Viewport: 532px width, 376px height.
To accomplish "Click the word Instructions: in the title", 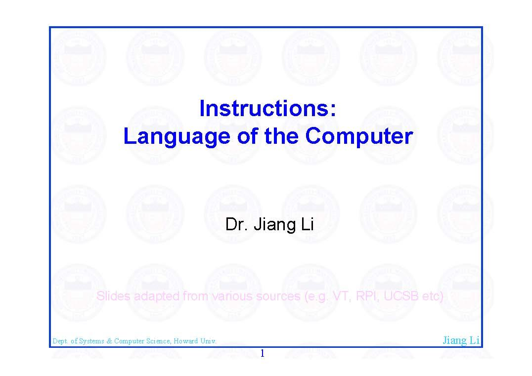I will [x=267, y=109].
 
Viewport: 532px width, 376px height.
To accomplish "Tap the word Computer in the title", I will [x=358, y=136].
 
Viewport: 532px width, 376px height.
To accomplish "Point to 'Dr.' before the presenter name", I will [x=236, y=225].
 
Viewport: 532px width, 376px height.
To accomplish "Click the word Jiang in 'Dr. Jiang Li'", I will [x=271, y=225].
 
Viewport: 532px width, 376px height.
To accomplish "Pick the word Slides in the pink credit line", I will [x=113, y=296].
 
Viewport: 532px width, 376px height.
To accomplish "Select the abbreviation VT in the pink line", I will [x=340, y=296].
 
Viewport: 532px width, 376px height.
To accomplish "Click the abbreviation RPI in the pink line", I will [x=366, y=296].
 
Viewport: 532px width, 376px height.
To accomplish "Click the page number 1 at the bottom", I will [x=263, y=354].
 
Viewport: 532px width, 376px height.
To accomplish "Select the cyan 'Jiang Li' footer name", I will [x=461, y=340].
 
